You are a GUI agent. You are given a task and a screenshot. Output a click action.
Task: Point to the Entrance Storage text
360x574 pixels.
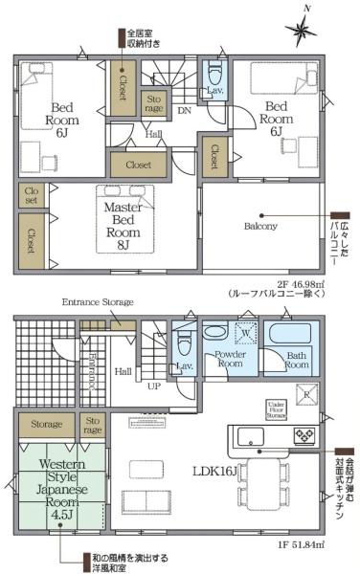click(x=98, y=302)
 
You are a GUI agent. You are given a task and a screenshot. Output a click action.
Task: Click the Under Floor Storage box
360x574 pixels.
click(x=278, y=409)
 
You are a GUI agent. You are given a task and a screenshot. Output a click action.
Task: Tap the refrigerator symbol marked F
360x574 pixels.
click(x=306, y=393)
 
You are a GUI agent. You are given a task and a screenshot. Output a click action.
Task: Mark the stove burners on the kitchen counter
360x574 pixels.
click(x=304, y=436)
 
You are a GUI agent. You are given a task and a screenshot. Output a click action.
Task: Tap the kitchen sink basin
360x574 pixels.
click(x=255, y=438)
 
